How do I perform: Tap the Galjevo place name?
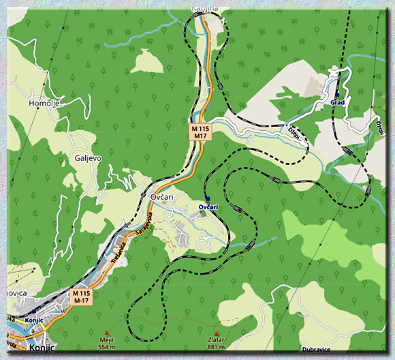[88, 157]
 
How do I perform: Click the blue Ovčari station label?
[208, 206]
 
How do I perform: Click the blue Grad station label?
[337, 102]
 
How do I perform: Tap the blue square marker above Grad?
[337, 94]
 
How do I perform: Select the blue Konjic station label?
[33, 319]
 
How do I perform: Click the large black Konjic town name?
[42, 348]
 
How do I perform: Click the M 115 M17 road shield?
[200, 132]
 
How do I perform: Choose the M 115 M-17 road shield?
[82, 297]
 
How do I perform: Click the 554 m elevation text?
[107, 347]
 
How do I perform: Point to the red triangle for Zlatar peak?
[217, 333]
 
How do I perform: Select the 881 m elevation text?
[217, 347]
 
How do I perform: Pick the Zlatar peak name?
[217, 340]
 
